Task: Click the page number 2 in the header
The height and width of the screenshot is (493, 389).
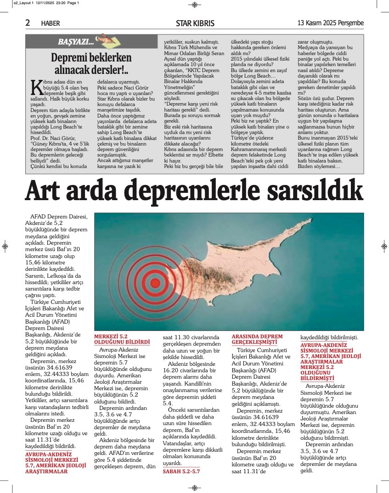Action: coord(28,23)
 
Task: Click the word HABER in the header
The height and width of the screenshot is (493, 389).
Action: coord(51,23)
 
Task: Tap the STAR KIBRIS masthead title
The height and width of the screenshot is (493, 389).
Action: coord(195,23)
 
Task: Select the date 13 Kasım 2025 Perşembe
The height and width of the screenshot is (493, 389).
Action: coord(331,23)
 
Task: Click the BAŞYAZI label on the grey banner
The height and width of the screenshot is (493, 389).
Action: coord(75,42)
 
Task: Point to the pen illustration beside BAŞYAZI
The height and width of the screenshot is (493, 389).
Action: coord(104,40)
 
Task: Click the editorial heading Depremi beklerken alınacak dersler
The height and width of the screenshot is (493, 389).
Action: coord(91,63)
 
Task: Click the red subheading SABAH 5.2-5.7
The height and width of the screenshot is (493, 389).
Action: coord(182,471)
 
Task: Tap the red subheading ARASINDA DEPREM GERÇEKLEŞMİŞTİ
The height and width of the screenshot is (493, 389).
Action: coord(257,339)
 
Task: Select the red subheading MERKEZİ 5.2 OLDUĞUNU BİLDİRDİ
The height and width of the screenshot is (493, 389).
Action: coord(122,339)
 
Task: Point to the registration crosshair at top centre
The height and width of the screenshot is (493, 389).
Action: coord(194,5)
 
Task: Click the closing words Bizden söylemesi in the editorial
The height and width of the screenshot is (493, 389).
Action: coord(320,166)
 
